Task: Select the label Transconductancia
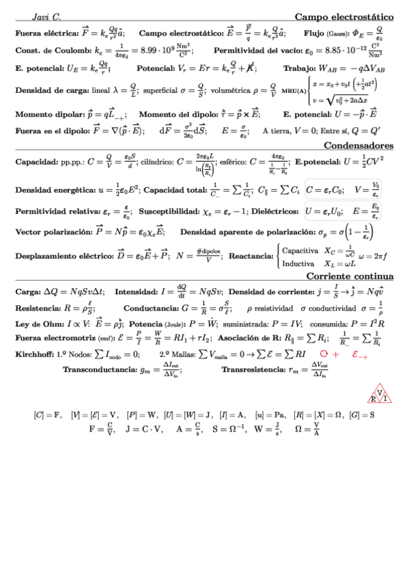coord(99,369)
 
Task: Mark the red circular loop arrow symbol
coord(324,354)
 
